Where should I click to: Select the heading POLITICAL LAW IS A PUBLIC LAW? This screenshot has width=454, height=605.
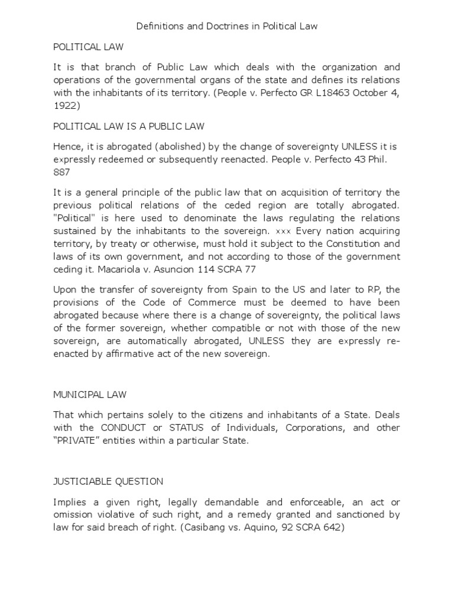pyautogui.click(x=128, y=126)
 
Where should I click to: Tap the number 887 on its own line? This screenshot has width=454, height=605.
pyautogui.click(x=61, y=172)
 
